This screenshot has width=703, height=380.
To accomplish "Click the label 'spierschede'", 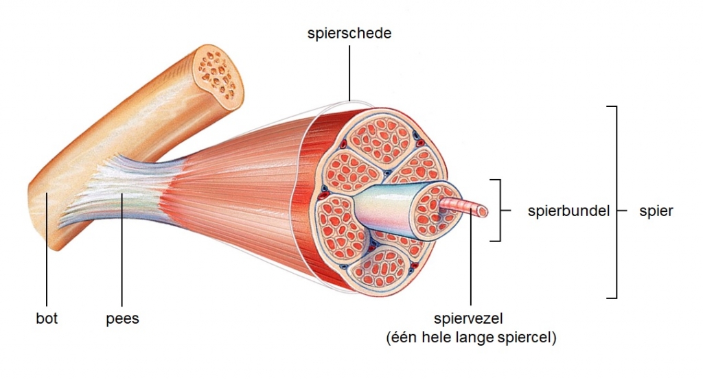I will pyautogui.click(x=349, y=33).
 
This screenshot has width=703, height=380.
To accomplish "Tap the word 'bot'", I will pyautogui.click(x=47, y=318).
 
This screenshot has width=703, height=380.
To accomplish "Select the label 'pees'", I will pyautogui.click(x=123, y=318).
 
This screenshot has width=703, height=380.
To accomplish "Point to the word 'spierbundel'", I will pyautogui.click(x=568, y=211).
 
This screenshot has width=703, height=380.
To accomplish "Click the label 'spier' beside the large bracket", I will pyautogui.click(x=656, y=211).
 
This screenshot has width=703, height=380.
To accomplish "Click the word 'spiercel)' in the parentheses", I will pyautogui.click(x=530, y=337).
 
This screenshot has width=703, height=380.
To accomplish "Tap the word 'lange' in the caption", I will pyautogui.click(x=483, y=337).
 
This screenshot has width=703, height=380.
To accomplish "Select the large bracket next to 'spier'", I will pyautogui.click(x=616, y=202).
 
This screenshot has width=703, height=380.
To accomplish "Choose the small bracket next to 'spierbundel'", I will pyautogui.click(x=499, y=210).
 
